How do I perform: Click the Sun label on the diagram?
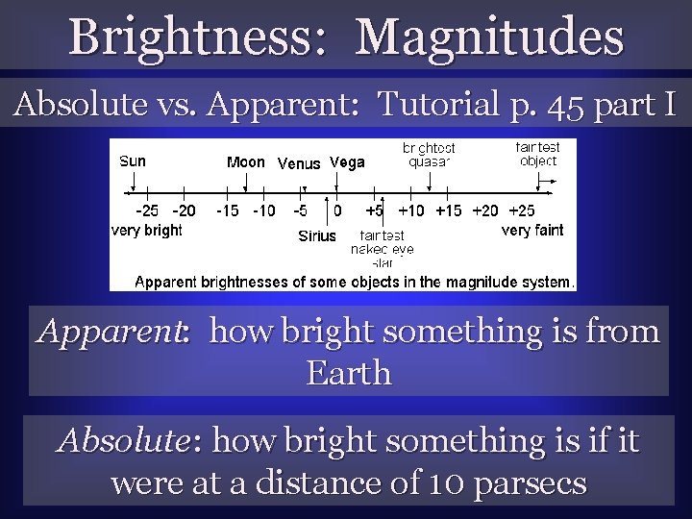(x=133, y=161)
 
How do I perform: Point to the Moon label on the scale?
(x=245, y=161)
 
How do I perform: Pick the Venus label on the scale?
(x=299, y=163)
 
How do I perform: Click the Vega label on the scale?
(x=347, y=161)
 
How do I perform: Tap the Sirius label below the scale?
(x=317, y=235)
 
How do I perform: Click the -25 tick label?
(x=147, y=210)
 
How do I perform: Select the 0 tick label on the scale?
(x=337, y=210)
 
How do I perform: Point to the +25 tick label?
(x=523, y=210)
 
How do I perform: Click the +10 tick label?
(x=411, y=210)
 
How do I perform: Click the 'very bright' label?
(x=147, y=230)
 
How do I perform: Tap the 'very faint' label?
(x=532, y=230)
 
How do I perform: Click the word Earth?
(x=348, y=372)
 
